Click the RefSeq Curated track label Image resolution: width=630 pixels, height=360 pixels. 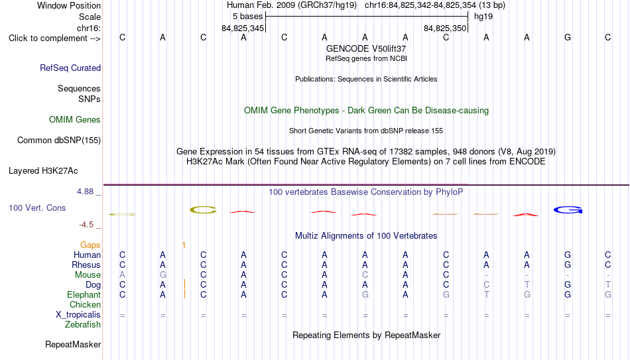70,68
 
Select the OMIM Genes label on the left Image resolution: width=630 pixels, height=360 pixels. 75,120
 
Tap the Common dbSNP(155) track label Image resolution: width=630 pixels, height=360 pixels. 59,141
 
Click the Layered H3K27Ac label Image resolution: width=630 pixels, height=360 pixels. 43,171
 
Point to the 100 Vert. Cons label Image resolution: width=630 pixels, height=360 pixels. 37,208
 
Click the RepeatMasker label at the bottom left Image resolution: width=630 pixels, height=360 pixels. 73,344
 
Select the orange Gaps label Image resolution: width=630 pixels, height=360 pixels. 90,245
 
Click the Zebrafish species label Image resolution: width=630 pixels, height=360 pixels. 83,324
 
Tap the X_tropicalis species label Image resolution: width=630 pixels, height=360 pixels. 78,315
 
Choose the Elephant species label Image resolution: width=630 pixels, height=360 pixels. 84,294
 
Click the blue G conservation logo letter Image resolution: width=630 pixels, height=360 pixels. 568,210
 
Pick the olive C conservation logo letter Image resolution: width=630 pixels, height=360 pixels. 203,210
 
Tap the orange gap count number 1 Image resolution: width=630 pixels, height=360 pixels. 184,245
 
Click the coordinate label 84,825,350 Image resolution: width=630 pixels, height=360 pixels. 445,29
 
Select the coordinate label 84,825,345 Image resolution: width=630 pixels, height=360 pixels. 243,29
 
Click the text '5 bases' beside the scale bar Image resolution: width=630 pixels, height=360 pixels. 247,17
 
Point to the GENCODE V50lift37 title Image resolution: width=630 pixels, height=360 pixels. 366,48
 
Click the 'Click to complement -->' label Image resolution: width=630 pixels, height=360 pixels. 54,38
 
